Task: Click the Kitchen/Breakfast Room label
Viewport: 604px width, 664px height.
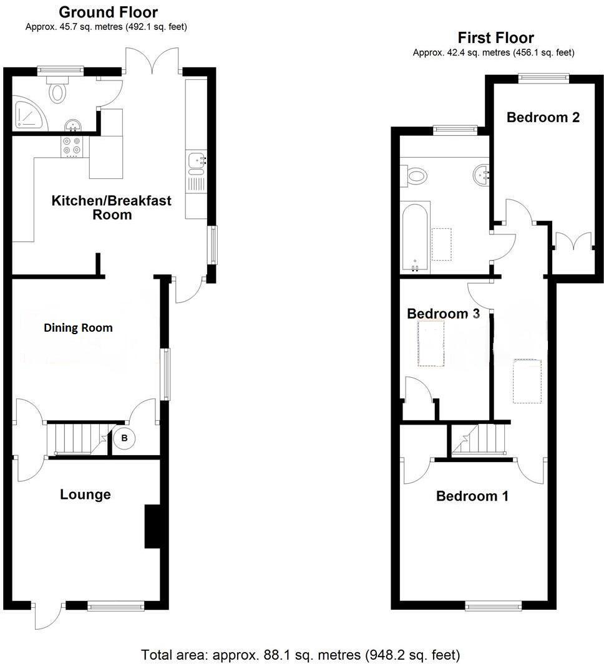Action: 111,208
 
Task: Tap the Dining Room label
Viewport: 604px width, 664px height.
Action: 78,327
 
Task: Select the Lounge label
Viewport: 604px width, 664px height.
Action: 85,494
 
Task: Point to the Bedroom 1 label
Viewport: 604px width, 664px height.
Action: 472,496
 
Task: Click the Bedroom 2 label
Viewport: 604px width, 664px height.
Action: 543,117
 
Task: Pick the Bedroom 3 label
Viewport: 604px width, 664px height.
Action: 443,314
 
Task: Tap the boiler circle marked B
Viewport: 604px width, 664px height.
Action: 124,438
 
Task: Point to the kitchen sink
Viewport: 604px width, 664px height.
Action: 195,161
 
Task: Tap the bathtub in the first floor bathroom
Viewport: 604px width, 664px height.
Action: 415,237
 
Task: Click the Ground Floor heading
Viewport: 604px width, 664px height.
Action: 108,12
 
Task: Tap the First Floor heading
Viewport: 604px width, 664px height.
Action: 495,38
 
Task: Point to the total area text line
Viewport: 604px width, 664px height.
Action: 301,655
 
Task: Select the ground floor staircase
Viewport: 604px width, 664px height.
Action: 75,439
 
